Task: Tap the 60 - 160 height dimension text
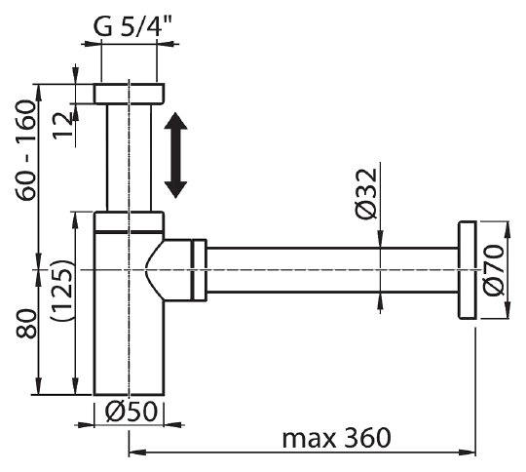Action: tap(25, 150)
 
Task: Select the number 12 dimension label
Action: tap(62, 125)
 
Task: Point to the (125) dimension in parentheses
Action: tap(60, 290)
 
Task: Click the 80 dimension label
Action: tap(26, 324)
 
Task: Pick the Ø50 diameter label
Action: tap(131, 412)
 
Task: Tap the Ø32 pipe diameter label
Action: tap(365, 193)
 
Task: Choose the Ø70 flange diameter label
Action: tap(494, 270)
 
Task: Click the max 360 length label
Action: tap(336, 438)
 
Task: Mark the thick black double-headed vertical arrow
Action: tap(175, 155)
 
